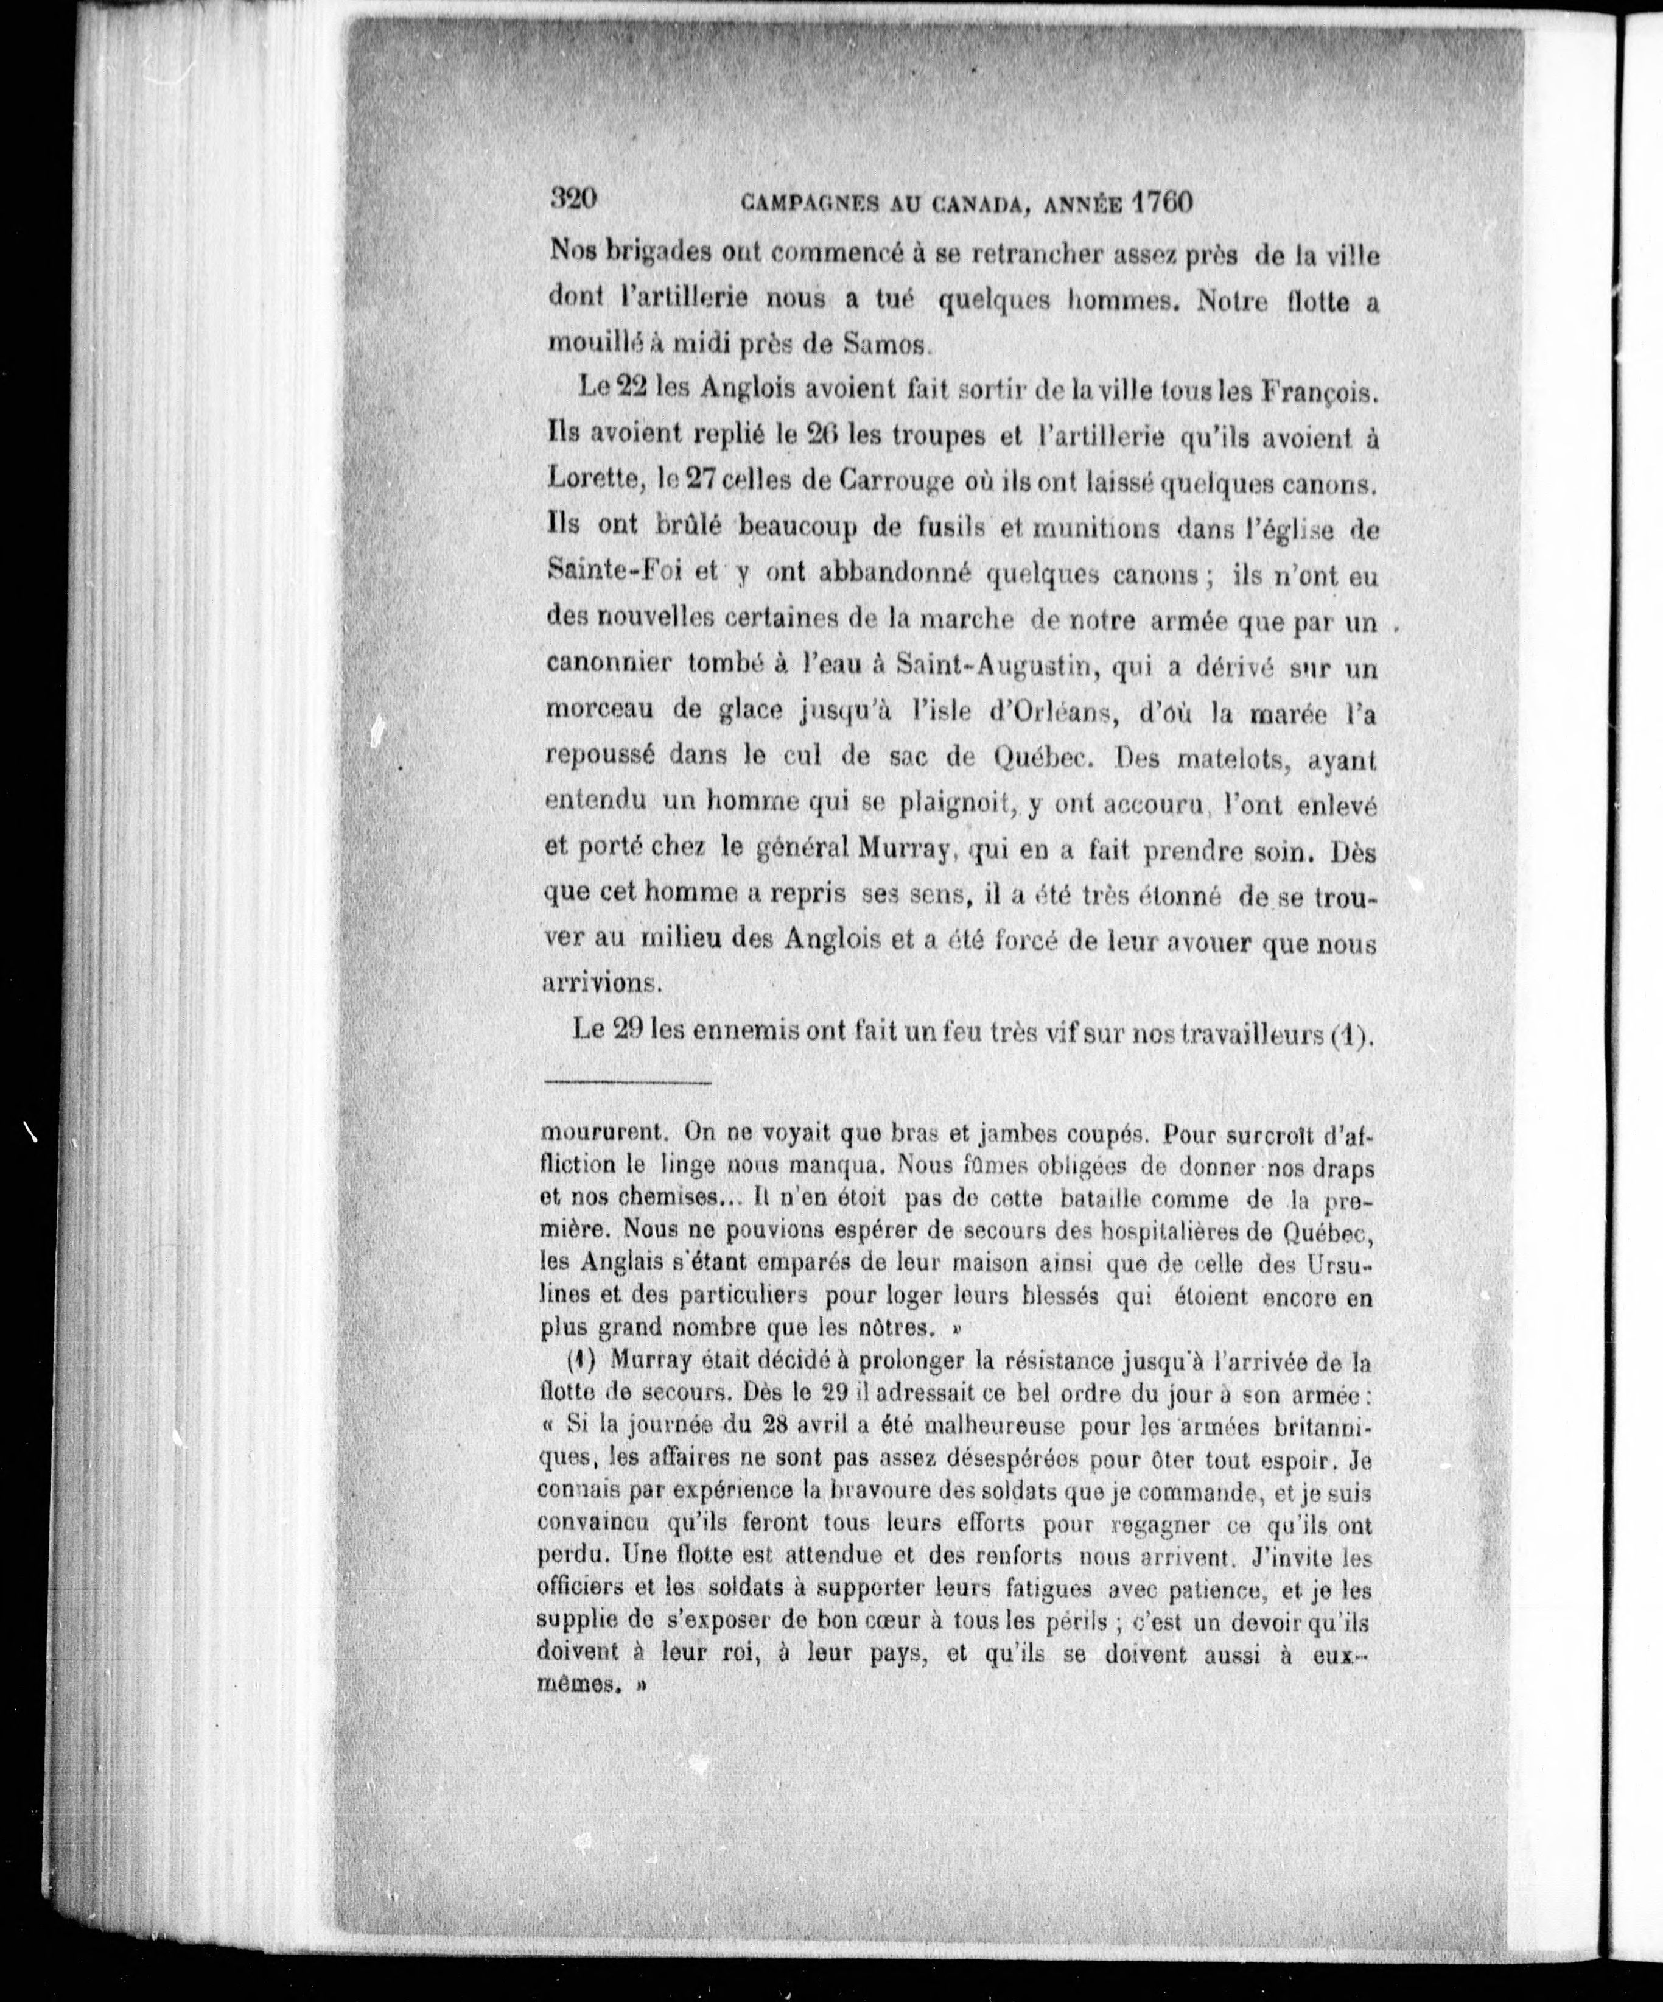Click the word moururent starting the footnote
click(589, 1134)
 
